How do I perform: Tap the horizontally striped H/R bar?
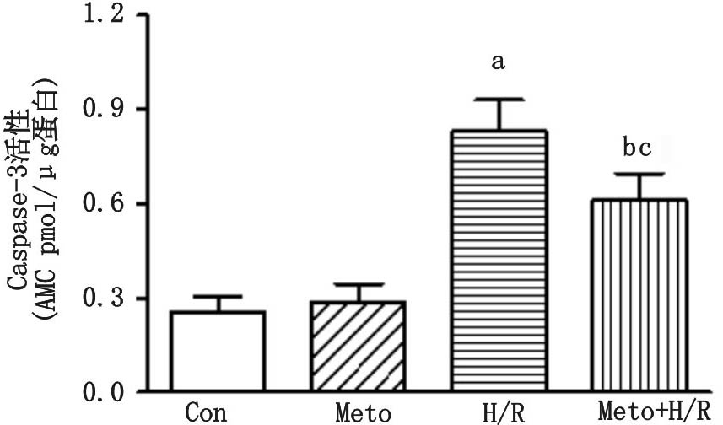(x=499, y=261)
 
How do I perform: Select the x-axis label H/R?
(x=499, y=413)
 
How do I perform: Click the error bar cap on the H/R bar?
(x=499, y=100)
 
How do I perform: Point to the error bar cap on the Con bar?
(x=218, y=297)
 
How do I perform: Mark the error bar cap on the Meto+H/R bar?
(x=639, y=174)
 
